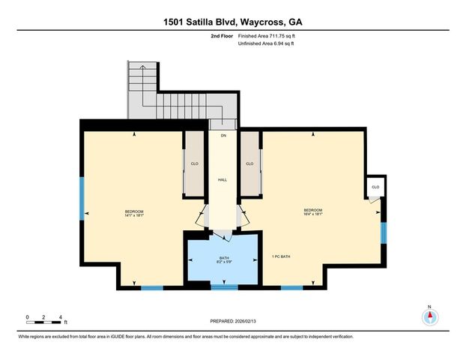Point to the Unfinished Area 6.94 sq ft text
pyautogui.click(x=266, y=43)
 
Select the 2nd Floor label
pyautogui.click(x=222, y=35)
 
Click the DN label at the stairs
pyautogui.click(x=223, y=135)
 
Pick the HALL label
pyautogui.click(x=223, y=180)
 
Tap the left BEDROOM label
pyautogui.click(x=134, y=211)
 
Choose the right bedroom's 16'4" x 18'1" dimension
pyautogui.click(x=313, y=214)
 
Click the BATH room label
pyautogui.click(x=224, y=257)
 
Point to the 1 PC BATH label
pyautogui.click(x=281, y=257)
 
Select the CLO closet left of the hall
pyautogui.click(x=194, y=163)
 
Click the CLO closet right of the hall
pyautogui.click(x=249, y=163)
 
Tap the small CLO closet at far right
pyautogui.click(x=375, y=187)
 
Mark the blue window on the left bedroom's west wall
pyautogui.click(x=82, y=196)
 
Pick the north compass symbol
pyautogui.click(x=430, y=316)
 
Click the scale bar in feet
pyautogui.click(x=43, y=322)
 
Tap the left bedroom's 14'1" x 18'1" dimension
pyautogui.click(x=134, y=215)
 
